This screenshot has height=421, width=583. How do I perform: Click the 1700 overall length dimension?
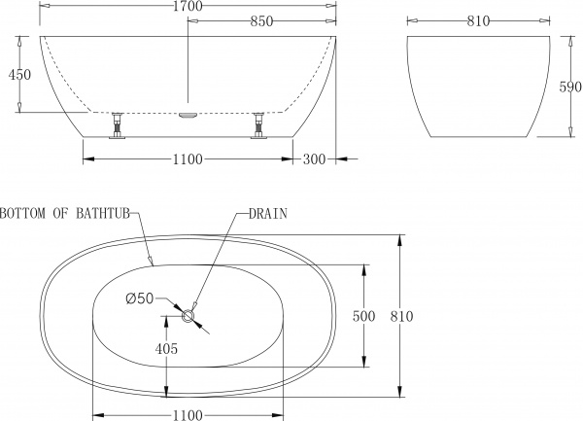click(189, 7)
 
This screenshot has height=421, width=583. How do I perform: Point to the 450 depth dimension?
click(12, 74)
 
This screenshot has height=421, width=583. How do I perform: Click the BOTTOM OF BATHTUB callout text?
click(67, 213)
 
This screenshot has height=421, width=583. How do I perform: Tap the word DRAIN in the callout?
click(268, 213)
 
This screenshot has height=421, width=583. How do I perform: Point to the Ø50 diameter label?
click(139, 299)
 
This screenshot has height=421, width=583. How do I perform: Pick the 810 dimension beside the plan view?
click(402, 316)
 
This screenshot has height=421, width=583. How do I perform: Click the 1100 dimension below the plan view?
click(189, 414)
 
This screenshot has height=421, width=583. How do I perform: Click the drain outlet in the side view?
click(189, 115)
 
